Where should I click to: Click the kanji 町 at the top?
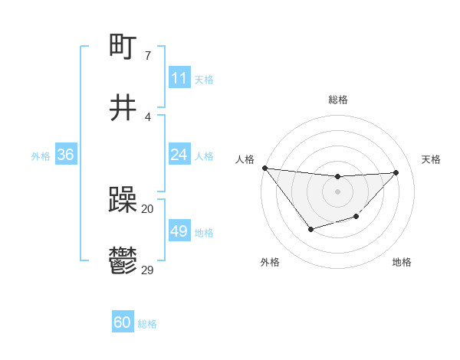click(x=123, y=48)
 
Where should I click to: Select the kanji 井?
click(x=123, y=108)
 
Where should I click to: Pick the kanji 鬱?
click(x=123, y=260)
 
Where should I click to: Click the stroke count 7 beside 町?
click(x=147, y=56)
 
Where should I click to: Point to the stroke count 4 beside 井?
click(x=147, y=116)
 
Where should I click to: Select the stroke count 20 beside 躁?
click(x=147, y=208)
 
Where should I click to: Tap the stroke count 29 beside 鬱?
click(x=148, y=269)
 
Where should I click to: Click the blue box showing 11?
click(x=179, y=78)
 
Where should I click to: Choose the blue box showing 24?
click(x=179, y=155)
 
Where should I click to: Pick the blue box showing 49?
click(x=179, y=231)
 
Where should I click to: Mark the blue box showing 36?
click(x=65, y=155)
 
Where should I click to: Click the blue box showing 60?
click(x=122, y=323)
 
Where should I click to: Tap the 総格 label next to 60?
click(x=147, y=324)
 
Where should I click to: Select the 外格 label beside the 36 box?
click(x=41, y=155)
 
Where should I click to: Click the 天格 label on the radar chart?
click(x=431, y=159)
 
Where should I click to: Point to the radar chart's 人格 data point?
click(x=264, y=168)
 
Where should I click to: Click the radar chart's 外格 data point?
click(x=310, y=229)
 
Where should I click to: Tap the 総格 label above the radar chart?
click(x=337, y=100)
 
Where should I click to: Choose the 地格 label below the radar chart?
click(x=402, y=262)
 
